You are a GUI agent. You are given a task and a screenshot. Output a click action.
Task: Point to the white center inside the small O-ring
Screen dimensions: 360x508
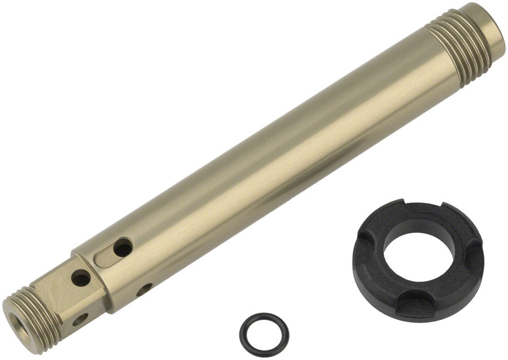point(264,332)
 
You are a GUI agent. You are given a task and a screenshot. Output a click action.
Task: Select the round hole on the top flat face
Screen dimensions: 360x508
point(81,278)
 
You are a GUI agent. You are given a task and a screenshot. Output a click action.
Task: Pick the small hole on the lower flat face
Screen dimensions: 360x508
point(80,319)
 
